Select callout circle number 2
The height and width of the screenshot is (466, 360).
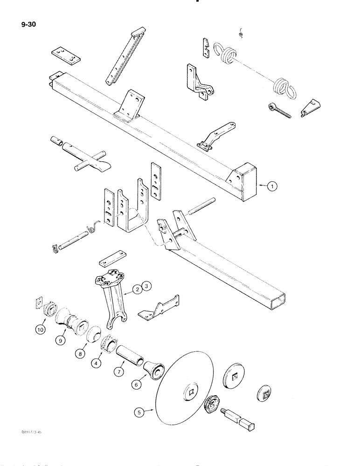coord(136,289)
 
